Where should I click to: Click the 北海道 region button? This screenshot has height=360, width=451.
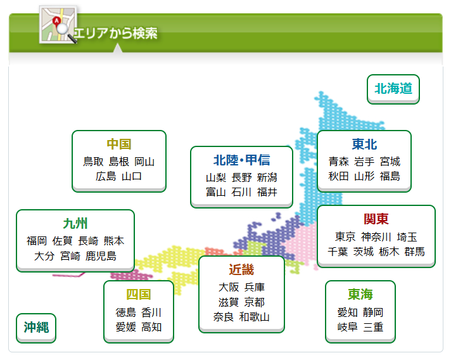click(x=393, y=89)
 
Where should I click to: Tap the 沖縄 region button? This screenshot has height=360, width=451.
click(x=36, y=328)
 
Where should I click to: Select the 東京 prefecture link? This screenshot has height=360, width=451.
click(x=345, y=237)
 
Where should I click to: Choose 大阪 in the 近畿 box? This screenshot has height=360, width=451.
click(x=229, y=287)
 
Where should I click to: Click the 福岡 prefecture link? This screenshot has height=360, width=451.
click(x=37, y=241)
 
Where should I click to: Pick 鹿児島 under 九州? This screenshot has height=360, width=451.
click(x=101, y=256)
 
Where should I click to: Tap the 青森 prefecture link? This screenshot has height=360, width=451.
click(x=339, y=162)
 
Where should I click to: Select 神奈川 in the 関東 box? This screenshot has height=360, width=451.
click(x=376, y=237)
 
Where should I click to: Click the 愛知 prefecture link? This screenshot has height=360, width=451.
click(x=348, y=312)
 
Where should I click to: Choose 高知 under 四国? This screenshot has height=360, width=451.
click(x=151, y=327)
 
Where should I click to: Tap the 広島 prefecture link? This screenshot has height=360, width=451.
click(x=106, y=176)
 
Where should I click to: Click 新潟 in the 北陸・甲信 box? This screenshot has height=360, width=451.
click(x=267, y=177)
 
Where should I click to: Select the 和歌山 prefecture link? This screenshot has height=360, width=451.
click(x=254, y=317)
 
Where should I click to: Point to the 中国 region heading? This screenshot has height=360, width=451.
click(x=119, y=144)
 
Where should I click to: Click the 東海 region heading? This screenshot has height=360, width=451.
click(x=360, y=294)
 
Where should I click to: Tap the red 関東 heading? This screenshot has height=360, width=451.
click(x=376, y=219)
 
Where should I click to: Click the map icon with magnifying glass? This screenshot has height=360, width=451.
click(x=58, y=25)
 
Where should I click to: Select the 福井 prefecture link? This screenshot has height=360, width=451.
click(x=267, y=192)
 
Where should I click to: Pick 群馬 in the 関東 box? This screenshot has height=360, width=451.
click(x=415, y=252)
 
